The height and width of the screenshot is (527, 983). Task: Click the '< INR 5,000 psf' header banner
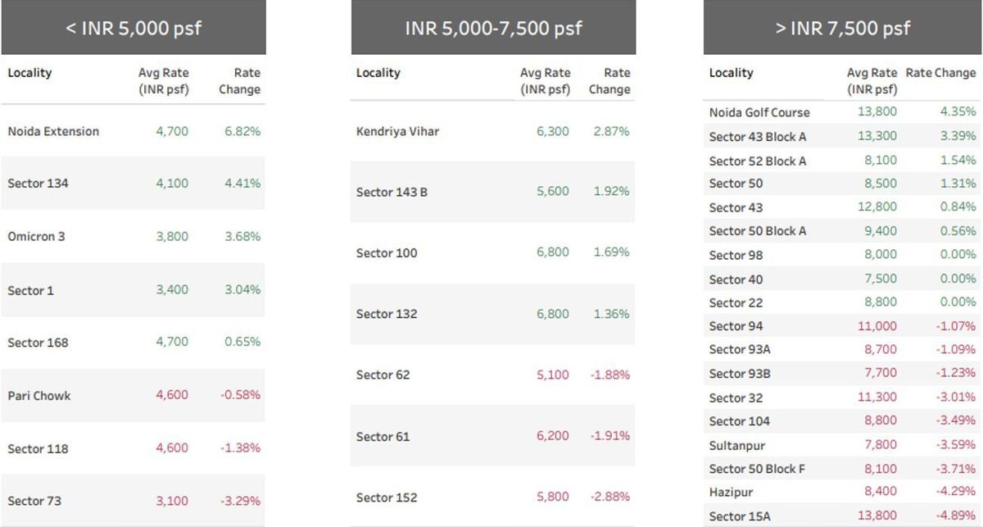tap(134, 28)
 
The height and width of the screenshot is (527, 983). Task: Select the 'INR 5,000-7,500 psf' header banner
tap(493, 28)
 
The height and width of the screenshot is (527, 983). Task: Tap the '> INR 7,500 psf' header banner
tap(842, 28)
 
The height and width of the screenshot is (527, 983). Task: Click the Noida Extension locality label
tap(53, 131)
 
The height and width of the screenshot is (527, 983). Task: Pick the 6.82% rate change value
tap(242, 131)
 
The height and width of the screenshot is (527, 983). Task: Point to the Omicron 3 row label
tap(36, 237)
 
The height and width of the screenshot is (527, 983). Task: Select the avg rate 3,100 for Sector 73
tap(172, 501)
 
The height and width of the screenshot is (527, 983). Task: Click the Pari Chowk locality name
tap(39, 396)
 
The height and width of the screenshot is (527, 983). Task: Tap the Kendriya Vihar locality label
tap(397, 131)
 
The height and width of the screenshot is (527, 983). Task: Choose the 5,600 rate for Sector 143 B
tap(553, 192)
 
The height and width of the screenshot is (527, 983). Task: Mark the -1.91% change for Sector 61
tap(610, 436)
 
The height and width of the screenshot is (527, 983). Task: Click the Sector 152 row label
tap(387, 497)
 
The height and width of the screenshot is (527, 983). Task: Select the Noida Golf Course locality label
tap(759, 112)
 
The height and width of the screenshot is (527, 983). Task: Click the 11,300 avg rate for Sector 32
tap(877, 398)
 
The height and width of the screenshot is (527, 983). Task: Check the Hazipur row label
tap(731, 493)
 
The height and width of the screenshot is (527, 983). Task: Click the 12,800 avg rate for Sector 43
tap(877, 207)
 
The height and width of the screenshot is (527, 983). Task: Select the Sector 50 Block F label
tap(757, 469)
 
